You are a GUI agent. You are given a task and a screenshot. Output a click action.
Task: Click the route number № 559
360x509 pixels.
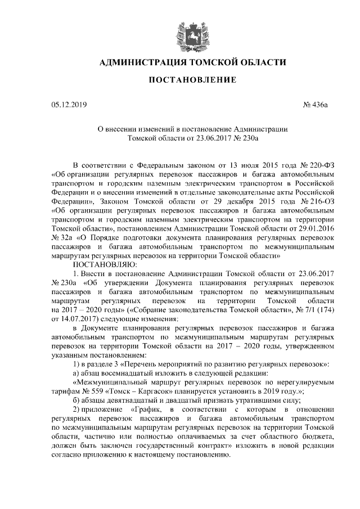[93, 391]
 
